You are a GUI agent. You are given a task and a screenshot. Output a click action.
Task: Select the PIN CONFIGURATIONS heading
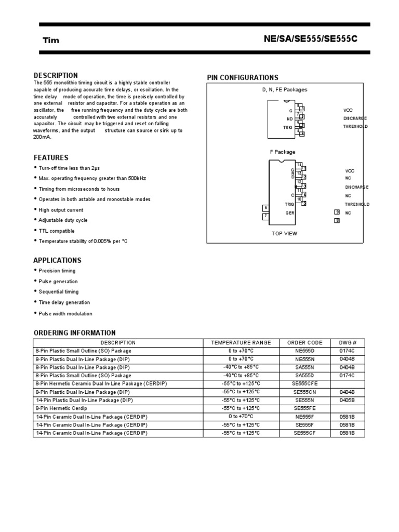(243, 77)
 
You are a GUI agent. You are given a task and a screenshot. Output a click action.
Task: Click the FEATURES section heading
(51, 157)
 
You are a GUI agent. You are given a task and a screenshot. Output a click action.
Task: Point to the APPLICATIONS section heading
(57, 260)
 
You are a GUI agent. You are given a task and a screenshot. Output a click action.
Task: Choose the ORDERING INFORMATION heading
(75, 333)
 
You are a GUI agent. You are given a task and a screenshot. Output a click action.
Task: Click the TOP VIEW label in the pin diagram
(284, 233)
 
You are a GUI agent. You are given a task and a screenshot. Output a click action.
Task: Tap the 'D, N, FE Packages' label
(284, 89)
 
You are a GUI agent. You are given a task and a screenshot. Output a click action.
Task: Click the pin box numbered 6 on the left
(265, 208)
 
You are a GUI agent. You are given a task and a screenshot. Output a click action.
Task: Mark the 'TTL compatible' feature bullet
(57, 231)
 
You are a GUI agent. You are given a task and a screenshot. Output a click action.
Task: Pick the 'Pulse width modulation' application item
(65, 314)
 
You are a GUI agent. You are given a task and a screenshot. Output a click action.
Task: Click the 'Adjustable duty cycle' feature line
(64, 220)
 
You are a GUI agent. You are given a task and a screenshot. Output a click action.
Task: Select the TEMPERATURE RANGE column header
(241, 343)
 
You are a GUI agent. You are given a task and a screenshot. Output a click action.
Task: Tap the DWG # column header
(348, 343)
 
